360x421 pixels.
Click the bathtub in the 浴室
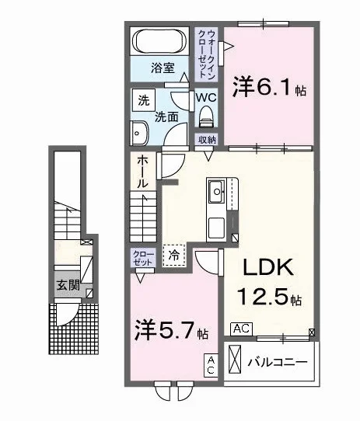tap(160, 41)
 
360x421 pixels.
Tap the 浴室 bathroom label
tap(163, 68)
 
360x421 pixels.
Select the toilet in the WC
tap(206, 116)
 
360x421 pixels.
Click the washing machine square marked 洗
tap(144, 100)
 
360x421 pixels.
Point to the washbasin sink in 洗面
tap(139, 134)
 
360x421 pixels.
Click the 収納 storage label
tap(207, 140)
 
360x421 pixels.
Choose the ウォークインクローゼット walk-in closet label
tap(207, 54)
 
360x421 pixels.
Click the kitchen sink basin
tap(217, 191)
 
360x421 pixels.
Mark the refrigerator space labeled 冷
tap(174, 256)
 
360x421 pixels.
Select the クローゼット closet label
tap(143, 258)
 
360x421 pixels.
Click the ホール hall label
tap(142, 172)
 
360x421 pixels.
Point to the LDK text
tap(268, 267)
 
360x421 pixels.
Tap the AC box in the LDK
tap(242, 329)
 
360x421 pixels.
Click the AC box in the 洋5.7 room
tap(211, 365)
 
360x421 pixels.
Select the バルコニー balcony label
tap(277, 363)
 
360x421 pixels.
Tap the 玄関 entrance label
tap(68, 285)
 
